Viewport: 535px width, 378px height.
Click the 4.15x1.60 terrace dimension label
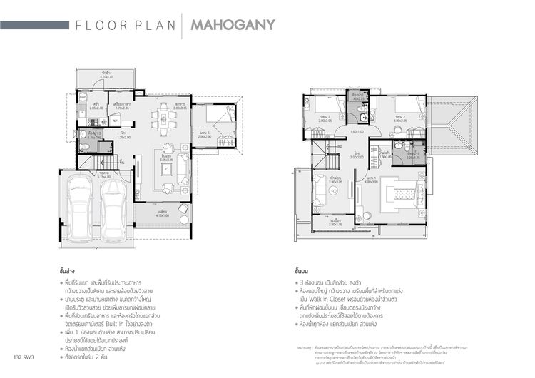point(163,215)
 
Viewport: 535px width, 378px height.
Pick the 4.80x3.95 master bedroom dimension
point(372,182)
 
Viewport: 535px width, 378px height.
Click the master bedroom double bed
point(401,194)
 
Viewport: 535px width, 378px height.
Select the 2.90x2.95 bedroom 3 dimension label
point(327,121)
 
